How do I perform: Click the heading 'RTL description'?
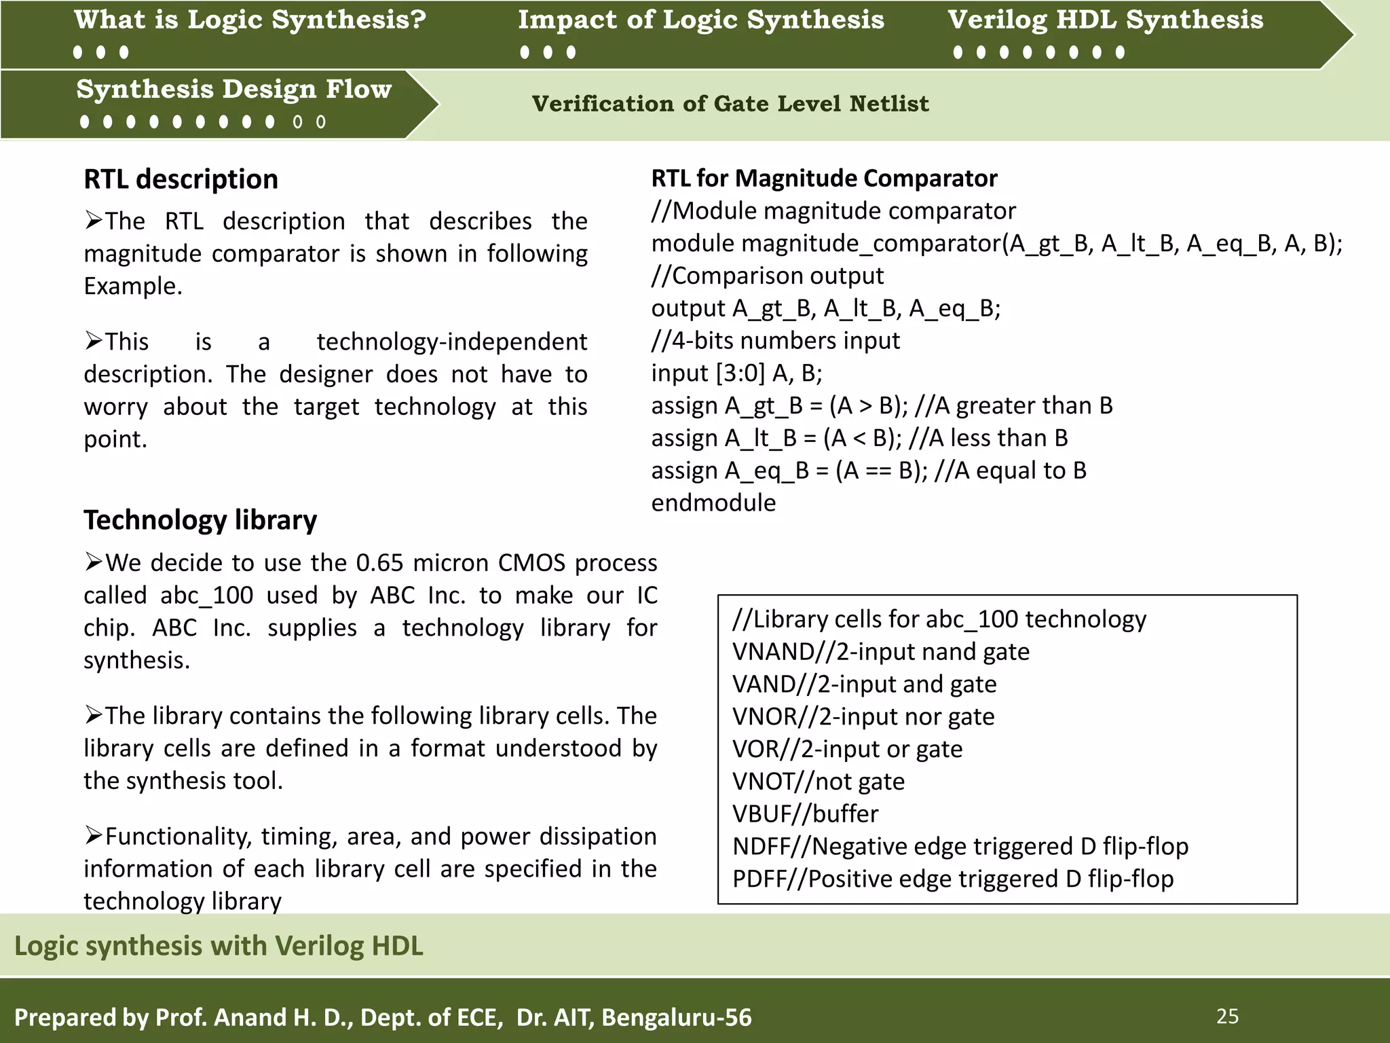181,179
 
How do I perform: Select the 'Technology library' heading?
200,520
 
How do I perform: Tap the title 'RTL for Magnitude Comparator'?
824,178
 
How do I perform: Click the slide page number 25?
1227,1017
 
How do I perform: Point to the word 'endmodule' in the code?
713,503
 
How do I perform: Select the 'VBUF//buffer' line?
805,813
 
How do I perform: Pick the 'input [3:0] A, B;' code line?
736,373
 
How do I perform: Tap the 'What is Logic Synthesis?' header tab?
250,20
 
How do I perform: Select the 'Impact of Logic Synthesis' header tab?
701,20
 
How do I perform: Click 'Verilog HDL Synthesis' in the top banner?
1105,20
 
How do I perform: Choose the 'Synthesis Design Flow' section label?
233,90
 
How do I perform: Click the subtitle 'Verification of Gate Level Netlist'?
730,104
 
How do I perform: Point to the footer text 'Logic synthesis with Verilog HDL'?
219,946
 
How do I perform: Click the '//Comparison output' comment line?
767,276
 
